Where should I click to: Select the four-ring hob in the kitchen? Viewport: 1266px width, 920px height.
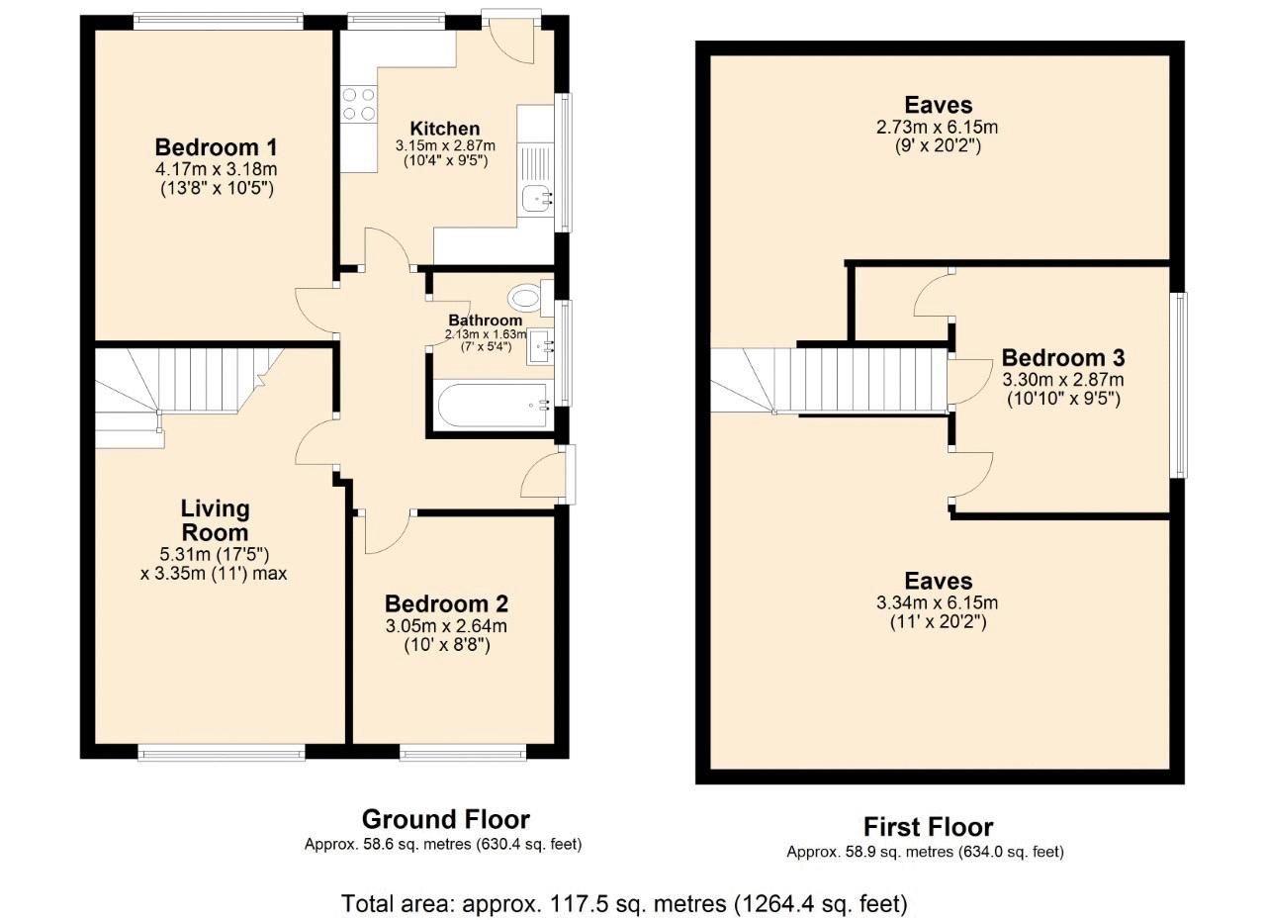point(359,104)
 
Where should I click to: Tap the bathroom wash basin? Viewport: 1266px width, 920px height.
point(542,344)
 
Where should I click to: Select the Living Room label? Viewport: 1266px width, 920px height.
point(215,520)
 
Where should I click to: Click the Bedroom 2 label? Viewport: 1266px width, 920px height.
point(446,603)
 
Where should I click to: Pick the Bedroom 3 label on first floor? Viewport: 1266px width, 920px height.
point(1062,357)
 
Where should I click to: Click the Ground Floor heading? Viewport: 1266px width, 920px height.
point(445,819)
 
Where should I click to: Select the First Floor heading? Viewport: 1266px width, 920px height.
point(927,826)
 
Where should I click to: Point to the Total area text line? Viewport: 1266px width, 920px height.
point(624,902)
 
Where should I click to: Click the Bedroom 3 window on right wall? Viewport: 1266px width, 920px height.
point(1178,385)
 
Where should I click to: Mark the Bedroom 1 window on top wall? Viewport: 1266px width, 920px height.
point(218,18)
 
